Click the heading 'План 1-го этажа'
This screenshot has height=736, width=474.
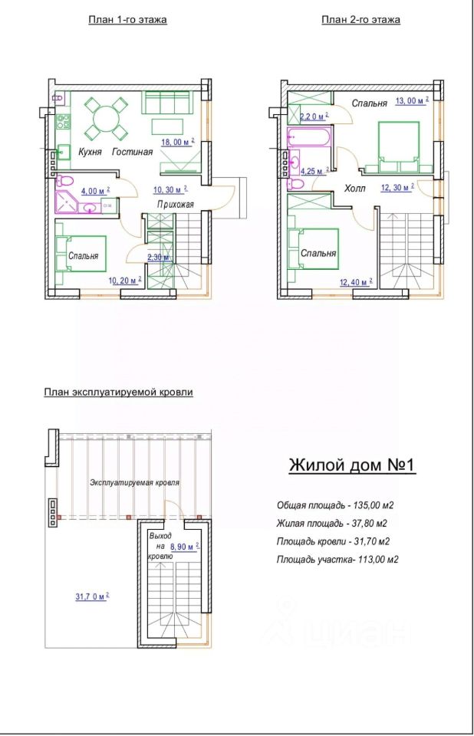tap(127, 20)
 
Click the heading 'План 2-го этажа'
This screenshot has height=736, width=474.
tap(360, 20)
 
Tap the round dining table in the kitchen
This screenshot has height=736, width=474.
tap(106, 119)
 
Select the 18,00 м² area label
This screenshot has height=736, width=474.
tap(178, 142)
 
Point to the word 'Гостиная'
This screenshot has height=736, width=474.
tap(132, 152)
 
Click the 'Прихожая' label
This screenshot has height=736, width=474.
tap(175, 204)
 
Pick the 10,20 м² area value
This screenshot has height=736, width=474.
tap(125, 281)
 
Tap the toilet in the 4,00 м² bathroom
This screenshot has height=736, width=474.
tap(65, 181)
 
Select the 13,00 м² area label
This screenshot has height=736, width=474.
tap(412, 100)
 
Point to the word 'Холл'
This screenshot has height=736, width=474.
tap(354, 189)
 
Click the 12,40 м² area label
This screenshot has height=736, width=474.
tap(356, 281)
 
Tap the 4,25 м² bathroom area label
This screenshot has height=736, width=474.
tap(314, 171)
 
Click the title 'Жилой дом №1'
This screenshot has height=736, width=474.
tap(352, 465)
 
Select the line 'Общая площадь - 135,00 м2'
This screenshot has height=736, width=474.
tap(335, 505)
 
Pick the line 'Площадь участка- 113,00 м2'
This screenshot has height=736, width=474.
tap(337, 559)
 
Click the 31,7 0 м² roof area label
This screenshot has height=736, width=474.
tap(92, 596)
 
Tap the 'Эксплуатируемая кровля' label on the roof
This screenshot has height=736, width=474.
tap(135, 482)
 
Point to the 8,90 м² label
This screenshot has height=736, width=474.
tap(185, 547)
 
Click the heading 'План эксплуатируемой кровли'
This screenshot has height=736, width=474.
tap(118, 392)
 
